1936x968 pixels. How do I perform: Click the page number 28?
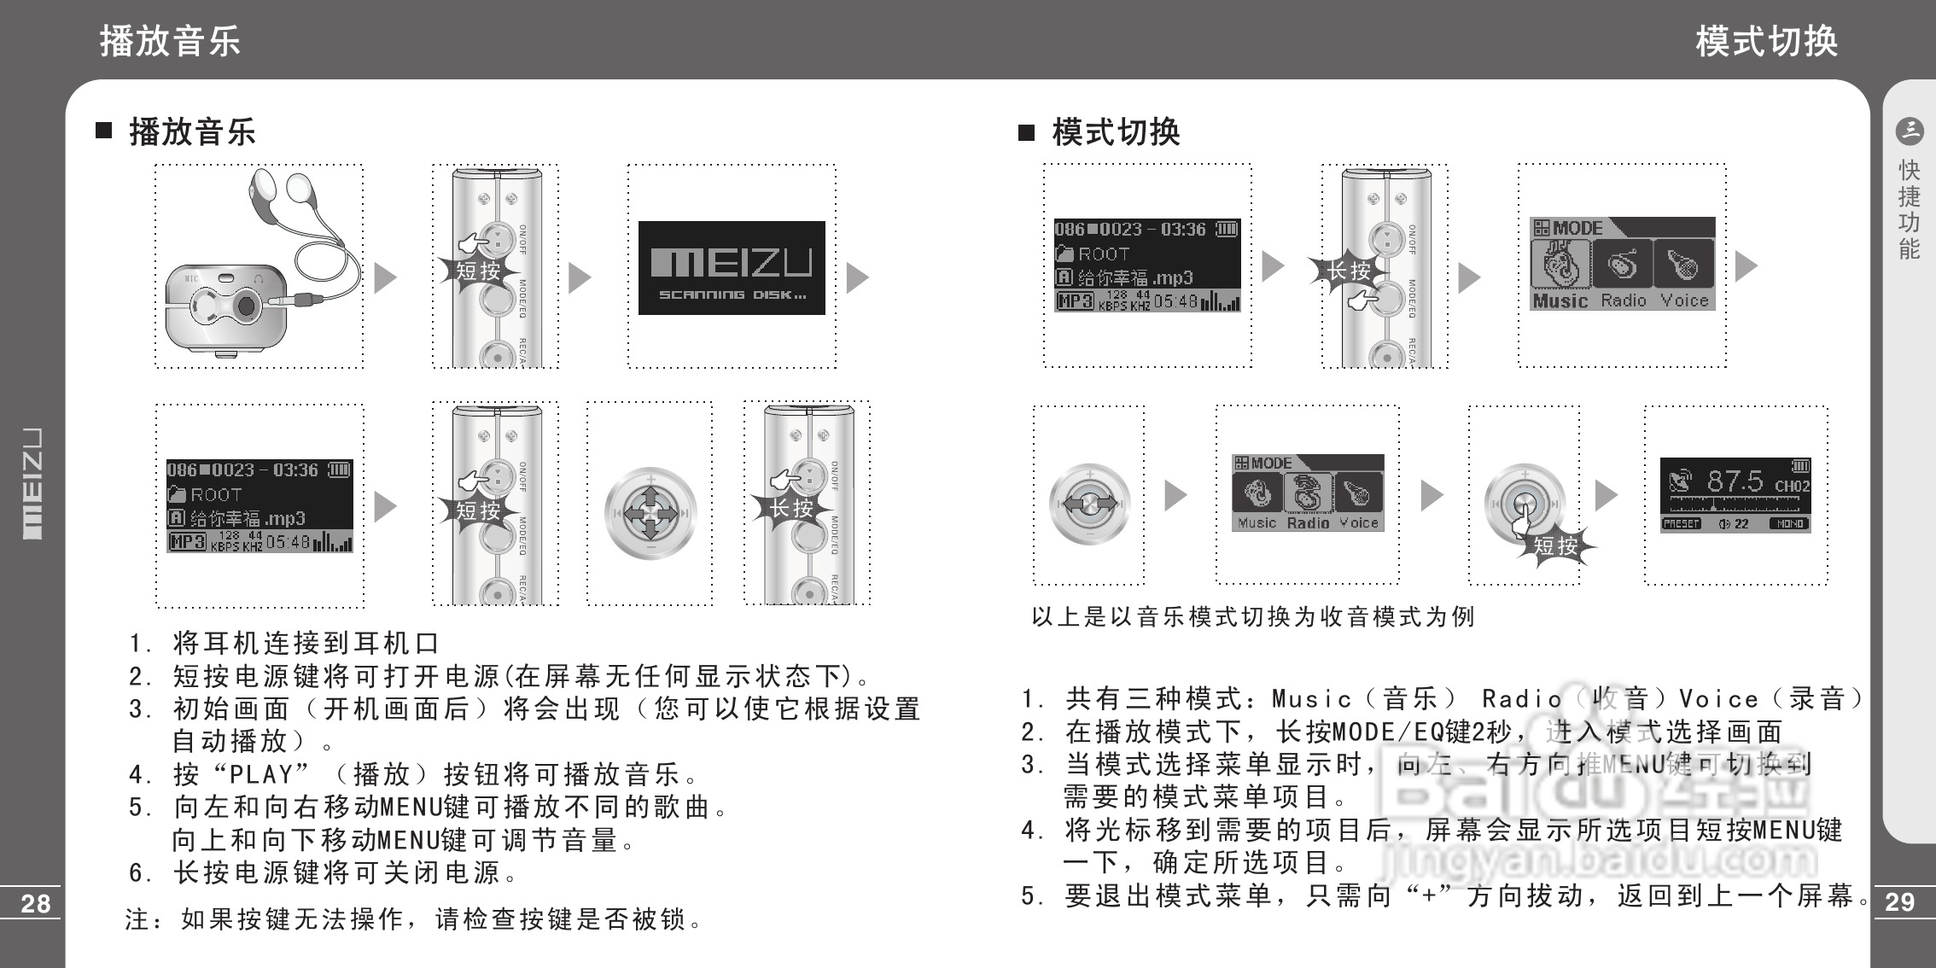pos(35,903)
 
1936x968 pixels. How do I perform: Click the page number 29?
pos(1899,902)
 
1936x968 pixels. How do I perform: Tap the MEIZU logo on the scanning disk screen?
pos(732,263)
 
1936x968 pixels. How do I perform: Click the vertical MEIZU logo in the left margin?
pos(32,483)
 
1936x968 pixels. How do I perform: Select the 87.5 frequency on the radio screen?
pos(1734,481)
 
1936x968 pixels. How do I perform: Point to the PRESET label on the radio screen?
pos(1682,523)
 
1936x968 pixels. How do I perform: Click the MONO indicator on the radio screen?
pos(1788,523)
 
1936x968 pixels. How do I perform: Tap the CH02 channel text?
pos(1792,486)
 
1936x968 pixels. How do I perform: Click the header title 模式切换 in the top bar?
pos(1766,40)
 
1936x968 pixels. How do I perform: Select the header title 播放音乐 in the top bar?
pos(171,40)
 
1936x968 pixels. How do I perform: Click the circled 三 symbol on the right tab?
pos(1909,131)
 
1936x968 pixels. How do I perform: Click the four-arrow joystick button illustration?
pos(650,513)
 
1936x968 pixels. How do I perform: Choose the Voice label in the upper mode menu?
pos(1684,300)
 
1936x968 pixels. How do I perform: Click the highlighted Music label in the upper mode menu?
pos(1560,300)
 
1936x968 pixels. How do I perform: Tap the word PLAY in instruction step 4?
pos(261,774)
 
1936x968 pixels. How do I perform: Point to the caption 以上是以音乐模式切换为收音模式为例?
pos(1252,616)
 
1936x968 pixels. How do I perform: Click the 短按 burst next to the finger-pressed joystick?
pos(1555,545)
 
